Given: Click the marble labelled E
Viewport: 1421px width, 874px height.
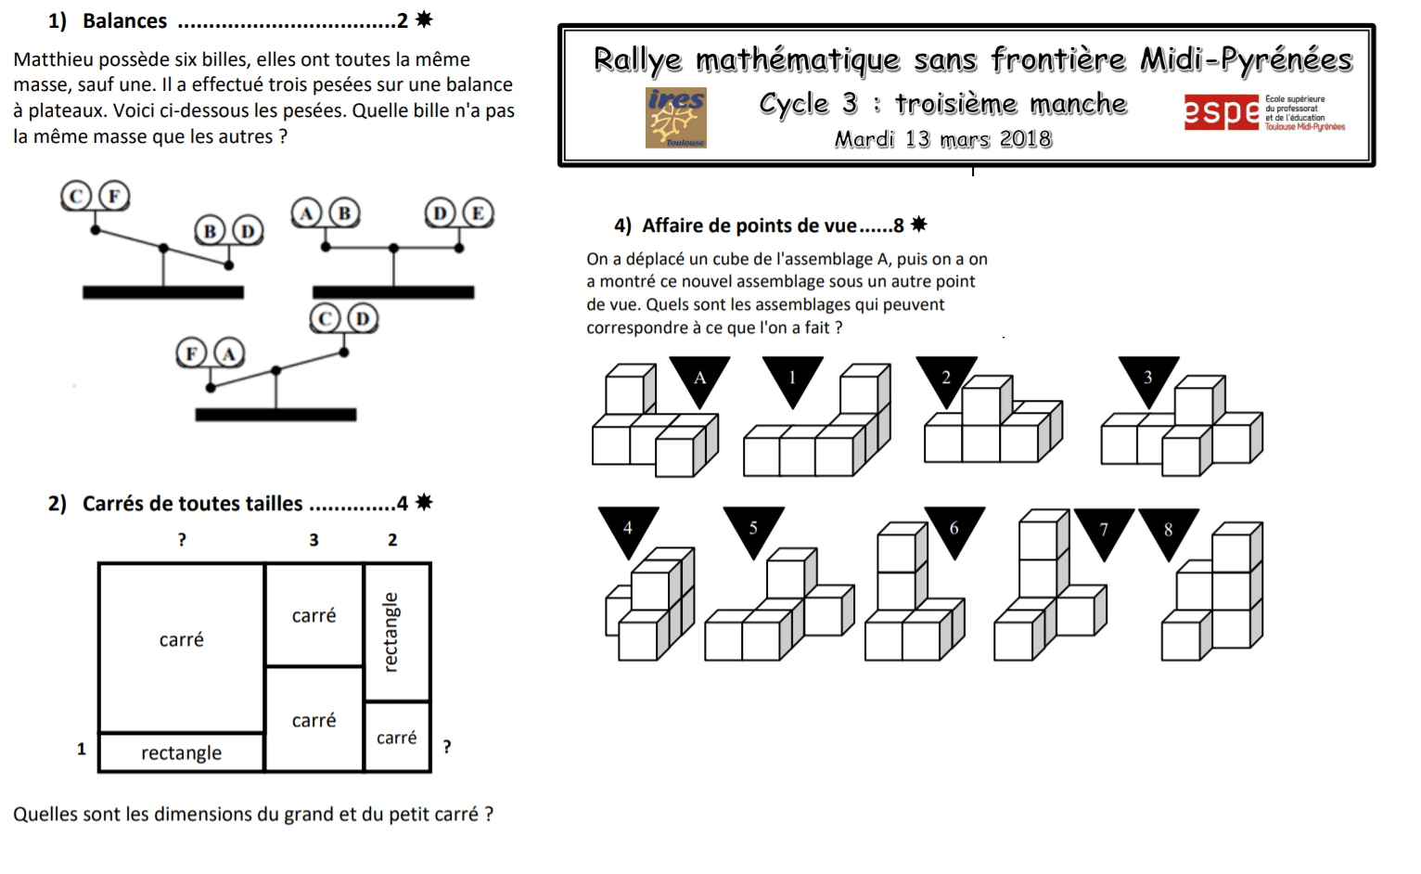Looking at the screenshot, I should pos(478,213).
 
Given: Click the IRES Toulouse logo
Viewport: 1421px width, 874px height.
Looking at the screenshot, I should pos(675,118).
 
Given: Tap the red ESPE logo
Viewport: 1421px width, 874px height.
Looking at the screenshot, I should pos(1221,112).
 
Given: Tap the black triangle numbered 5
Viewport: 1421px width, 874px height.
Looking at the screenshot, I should pos(753,528).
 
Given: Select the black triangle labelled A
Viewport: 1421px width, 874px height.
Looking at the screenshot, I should pos(699,377).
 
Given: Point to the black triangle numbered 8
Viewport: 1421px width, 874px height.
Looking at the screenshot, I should pos(1168,530).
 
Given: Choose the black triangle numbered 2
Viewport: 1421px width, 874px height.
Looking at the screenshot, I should pos(946,377).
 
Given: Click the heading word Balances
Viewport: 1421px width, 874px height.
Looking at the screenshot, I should pos(124,20).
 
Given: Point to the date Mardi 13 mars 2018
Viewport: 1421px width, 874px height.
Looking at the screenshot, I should pos(942,139).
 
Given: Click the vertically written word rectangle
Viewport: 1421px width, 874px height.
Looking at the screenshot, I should pos(391,632).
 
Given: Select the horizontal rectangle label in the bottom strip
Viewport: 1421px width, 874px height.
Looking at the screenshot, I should pos(181,752).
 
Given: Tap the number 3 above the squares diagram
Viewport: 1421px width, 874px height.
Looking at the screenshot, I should pos(314,540).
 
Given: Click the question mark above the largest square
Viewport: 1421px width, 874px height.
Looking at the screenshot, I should pos(182,540).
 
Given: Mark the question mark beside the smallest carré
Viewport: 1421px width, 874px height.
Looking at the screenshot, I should pos(447,747).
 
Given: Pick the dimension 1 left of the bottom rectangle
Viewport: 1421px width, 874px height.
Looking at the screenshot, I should pos(82,749).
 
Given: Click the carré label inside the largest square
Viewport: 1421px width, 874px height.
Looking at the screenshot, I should pos(181,639).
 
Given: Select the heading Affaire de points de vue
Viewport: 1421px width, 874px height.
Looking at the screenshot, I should pos(749,225).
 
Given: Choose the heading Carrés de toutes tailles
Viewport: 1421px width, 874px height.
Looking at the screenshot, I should pos(192,504).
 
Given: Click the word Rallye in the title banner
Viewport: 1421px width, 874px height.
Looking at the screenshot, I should pos(637,59).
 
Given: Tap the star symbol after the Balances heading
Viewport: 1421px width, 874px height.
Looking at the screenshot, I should pos(424,19).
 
